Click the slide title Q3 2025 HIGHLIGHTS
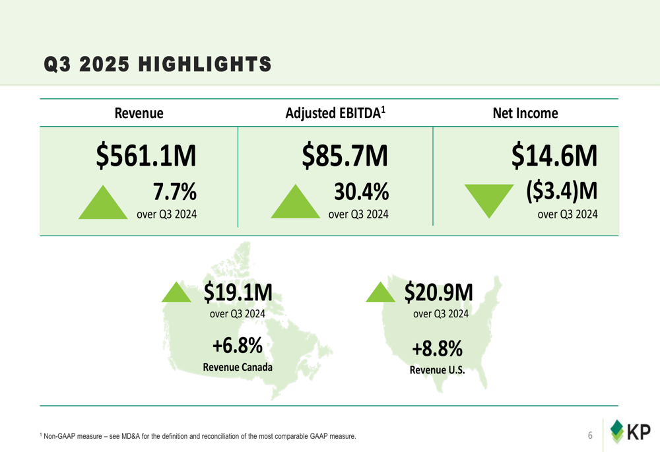pyautogui.click(x=157, y=64)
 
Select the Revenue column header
pyautogui.click(x=139, y=113)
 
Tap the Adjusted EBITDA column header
pyautogui.click(x=335, y=113)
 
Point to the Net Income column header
pyautogui.click(x=525, y=113)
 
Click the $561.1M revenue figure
pyautogui.click(x=146, y=156)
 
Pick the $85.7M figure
pyautogui.click(x=344, y=156)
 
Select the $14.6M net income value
pyautogui.click(x=554, y=156)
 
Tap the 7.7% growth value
pyautogui.click(x=174, y=191)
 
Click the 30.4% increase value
pyautogui.click(x=360, y=191)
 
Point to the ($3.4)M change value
pyautogui.click(x=562, y=191)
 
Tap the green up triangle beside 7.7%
pyautogui.click(x=103, y=202)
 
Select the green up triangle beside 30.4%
pyautogui.click(x=295, y=202)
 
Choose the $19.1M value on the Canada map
pyautogui.click(x=238, y=290)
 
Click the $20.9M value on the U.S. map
pyautogui.click(x=439, y=290)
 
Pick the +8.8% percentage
pyautogui.click(x=437, y=347)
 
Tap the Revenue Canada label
pyautogui.click(x=238, y=367)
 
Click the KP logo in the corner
pyautogui.click(x=630, y=433)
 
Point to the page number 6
pyautogui.click(x=590, y=436)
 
